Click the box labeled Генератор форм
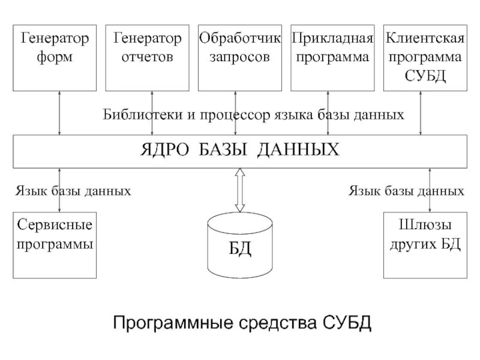coord(55,58)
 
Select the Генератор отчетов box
coord(148,58)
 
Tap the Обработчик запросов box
coord(240,58)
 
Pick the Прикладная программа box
coord(332,58)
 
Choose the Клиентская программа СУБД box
coord(425,58)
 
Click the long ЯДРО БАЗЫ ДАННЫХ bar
coord(240,151)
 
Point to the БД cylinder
coord(239,246)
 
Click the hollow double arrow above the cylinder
coord(239,190)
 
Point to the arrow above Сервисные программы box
coord(59,191)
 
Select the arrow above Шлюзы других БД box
coord(430,191)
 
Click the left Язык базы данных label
coord(73,191)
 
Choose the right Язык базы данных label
coord(407,191)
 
